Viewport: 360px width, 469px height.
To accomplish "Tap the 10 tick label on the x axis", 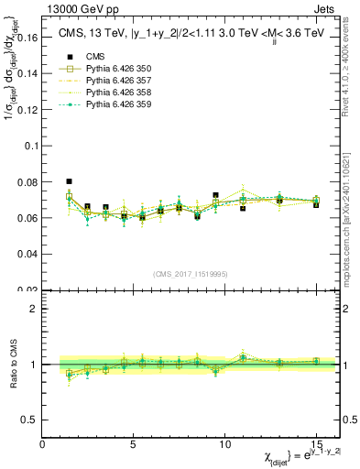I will point(224,444).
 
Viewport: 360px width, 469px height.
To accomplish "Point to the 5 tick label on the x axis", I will point(134,444).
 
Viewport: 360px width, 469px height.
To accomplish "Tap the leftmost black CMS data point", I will point(69,181).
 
